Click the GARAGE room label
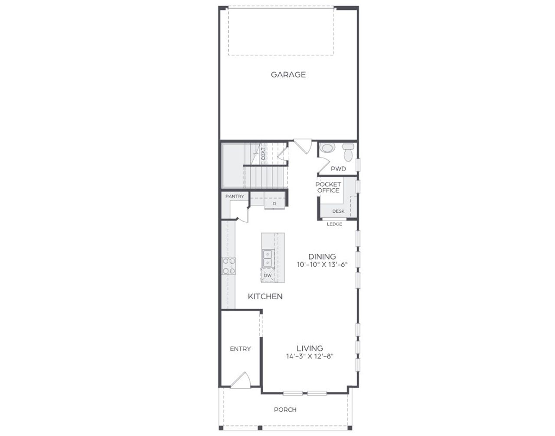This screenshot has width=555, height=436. (x=288, y=74)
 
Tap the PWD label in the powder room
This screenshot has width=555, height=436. (x=338, y=168)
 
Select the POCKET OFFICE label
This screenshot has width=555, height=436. (x=328, y=187)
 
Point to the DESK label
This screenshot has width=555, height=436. (x=338, y=211)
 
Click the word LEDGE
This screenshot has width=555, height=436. (x=334, y=224)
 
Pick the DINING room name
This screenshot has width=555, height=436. (x=322, y=257)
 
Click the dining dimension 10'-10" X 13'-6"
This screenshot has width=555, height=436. (x=322, y=265)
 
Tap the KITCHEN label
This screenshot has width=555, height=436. (x=265, y=297)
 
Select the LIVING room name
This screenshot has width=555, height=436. (x=310, y=348)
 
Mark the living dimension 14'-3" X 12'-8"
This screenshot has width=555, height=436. (x=310, y=356)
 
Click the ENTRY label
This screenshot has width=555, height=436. (x=240, y=349)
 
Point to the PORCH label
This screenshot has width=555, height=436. (x=285, y=410)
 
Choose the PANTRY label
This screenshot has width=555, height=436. (x=235, y=196)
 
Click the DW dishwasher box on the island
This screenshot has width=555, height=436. (x=268, y=275)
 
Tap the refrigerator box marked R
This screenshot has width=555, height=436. (x=274, y=203)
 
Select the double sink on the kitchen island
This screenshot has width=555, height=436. (x=268, y=258)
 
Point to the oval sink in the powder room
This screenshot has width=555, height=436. (x=327, y=149)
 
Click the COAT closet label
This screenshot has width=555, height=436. (x=264, y=154)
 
